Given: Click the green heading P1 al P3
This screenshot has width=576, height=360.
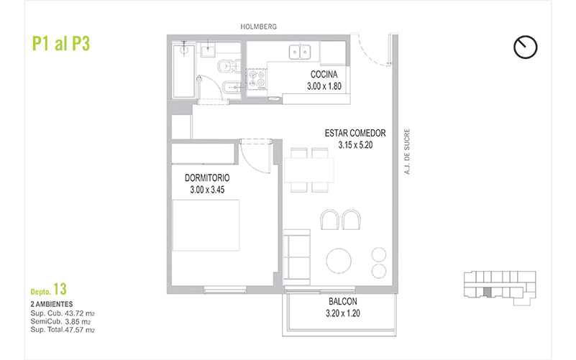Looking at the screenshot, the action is tap(61, 43).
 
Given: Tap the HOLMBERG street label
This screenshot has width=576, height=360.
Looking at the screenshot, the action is tap(259, 27).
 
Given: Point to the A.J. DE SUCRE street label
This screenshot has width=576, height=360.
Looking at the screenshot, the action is tap(407, 151).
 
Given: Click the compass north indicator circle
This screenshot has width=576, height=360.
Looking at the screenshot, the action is tap(526, 47).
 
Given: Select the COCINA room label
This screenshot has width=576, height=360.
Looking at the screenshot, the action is tap(324, 75).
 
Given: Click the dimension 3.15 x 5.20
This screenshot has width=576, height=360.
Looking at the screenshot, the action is tap(355, 145).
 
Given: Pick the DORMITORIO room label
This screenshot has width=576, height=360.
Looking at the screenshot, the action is tap(207, 178).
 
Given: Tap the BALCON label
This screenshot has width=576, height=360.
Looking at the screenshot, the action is tap(343, 302).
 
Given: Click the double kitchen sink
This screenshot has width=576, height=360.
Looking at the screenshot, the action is tap(300, 52).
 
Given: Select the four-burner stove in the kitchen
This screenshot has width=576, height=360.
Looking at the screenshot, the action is tap(257, 79).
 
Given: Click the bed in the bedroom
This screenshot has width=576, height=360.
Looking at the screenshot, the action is tap(206, 226).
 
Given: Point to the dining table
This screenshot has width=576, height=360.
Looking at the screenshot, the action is tap(309, 170).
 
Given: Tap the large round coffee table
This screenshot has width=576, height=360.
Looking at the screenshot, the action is tap(339, 261).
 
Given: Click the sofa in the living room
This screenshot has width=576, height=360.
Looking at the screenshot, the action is tap(297, 257).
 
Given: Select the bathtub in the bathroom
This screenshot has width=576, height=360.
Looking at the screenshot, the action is tap(183, 70).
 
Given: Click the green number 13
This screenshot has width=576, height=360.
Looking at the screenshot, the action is tap(60, 289).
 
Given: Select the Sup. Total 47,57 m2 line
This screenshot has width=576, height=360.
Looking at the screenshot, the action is tap(63, 330).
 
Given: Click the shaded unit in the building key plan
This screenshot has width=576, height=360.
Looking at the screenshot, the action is tap(487, 292).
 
